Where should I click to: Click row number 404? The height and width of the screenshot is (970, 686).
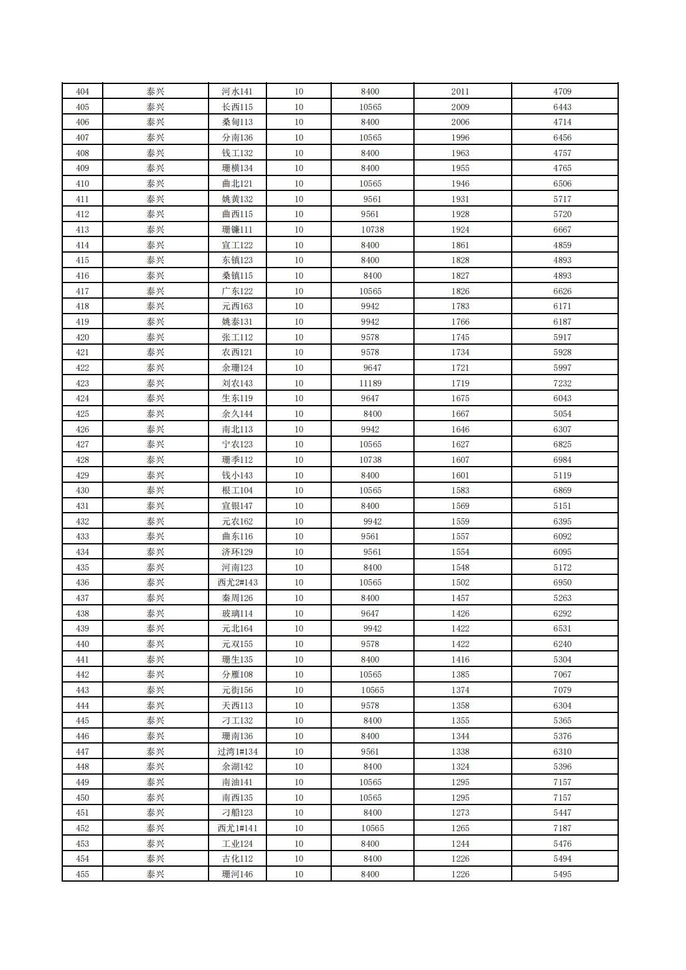82,91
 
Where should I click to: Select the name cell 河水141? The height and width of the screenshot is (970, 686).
237,91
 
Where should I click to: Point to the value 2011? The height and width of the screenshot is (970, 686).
460,91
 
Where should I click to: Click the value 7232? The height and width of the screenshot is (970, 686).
562,383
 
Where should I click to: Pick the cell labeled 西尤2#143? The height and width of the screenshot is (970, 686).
237,582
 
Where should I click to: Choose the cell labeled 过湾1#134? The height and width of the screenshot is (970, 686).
237,752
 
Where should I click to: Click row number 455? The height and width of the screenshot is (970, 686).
82,874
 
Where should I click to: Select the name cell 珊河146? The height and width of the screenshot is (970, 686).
237,874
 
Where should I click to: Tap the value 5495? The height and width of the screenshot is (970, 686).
562,874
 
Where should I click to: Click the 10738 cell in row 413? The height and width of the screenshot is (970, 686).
372,230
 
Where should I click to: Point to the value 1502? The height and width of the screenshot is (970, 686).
460,582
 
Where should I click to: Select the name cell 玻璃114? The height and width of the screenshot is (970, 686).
237,613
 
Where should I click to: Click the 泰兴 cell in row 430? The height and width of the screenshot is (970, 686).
155,490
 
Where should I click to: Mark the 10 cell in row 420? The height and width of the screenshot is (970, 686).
299,337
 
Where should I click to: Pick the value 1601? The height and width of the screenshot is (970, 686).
460,475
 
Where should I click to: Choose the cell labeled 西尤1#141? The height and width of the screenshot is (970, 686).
237,828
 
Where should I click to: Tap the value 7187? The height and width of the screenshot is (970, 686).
562,828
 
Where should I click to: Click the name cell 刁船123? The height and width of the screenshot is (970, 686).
237,813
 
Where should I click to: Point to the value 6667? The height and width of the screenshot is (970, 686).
562,230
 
